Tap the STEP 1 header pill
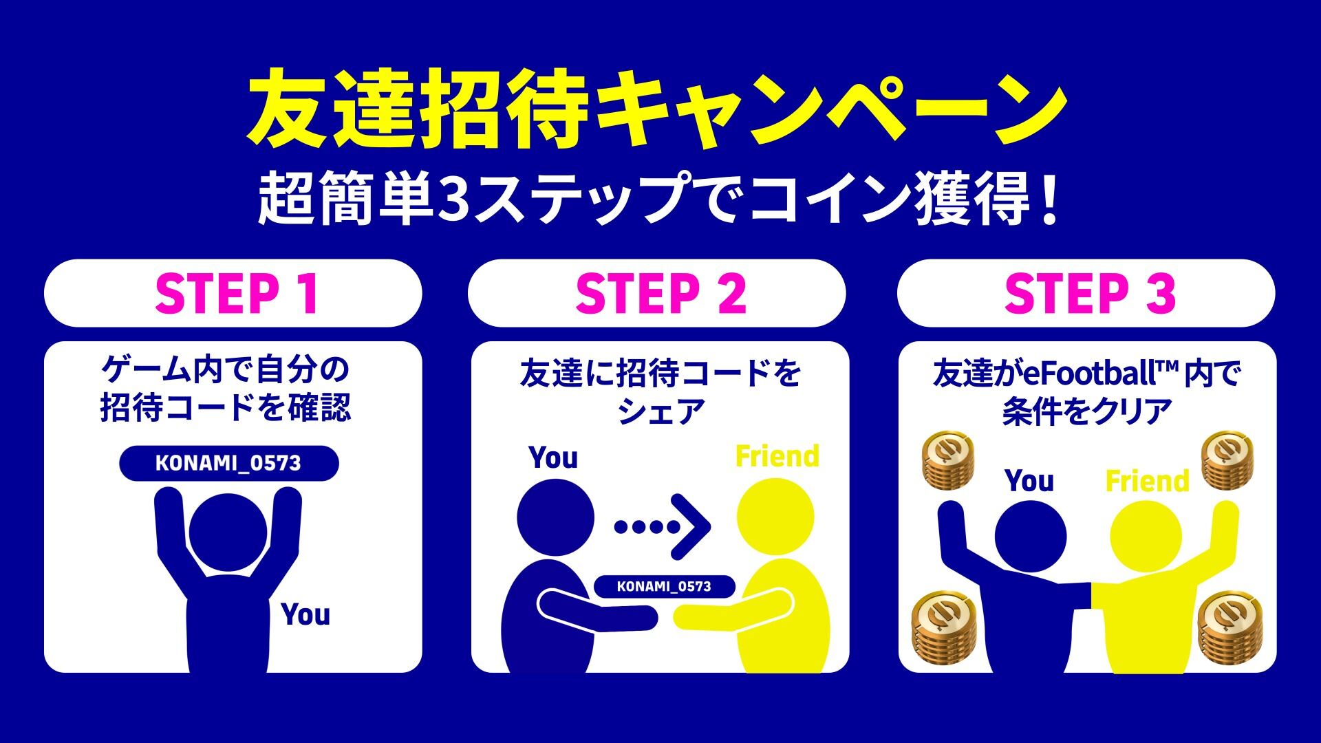(233, 293)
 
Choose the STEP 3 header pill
(1086, 293)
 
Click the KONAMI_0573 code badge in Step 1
(229, 463)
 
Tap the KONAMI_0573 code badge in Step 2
(664, 586)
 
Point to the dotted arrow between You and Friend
(662, 526)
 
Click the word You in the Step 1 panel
(305, 614)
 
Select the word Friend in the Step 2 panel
(777, 456)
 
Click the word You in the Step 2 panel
(553, 457)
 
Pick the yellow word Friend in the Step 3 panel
(1148, 481)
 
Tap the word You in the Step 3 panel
(1029, 481)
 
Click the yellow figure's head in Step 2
(775, 517)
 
